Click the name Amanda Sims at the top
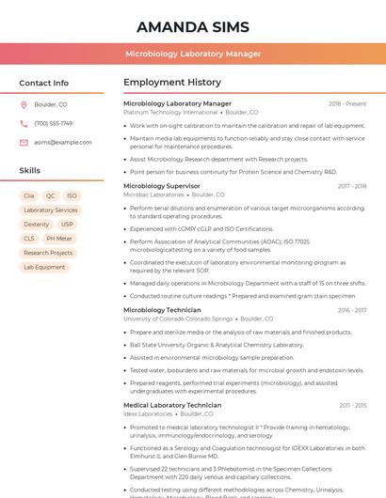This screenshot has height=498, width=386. (x=193, y=25)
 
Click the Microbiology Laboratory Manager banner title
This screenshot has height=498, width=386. (x=193, y=54)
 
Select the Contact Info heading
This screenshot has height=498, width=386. (x=44, y=83)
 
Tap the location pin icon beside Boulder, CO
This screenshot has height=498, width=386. (x=24, y=104)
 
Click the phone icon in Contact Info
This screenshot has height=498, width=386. (x=24, y=123)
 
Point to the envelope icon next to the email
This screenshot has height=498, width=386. (x=24, y=142)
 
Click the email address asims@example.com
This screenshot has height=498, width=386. (x=56, y=142)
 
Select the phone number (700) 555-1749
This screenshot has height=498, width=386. (x=53, y=123)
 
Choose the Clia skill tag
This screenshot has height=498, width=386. (x=29, y=196)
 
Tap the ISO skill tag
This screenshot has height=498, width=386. (x=72, y=196)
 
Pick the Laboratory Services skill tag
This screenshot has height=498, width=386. (x=51, y=210)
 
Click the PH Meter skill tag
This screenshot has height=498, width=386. (x=58, y=239)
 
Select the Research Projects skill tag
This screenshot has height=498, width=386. (x=48, y=253)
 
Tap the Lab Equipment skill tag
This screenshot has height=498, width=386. (x=44, y=267)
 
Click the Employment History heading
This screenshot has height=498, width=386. (x=172, y=83)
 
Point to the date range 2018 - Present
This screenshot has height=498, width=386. (x=347, y=103)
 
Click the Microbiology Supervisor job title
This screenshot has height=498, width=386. (x=163, y=186)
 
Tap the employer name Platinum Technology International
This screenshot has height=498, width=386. (x=171, y=112)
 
